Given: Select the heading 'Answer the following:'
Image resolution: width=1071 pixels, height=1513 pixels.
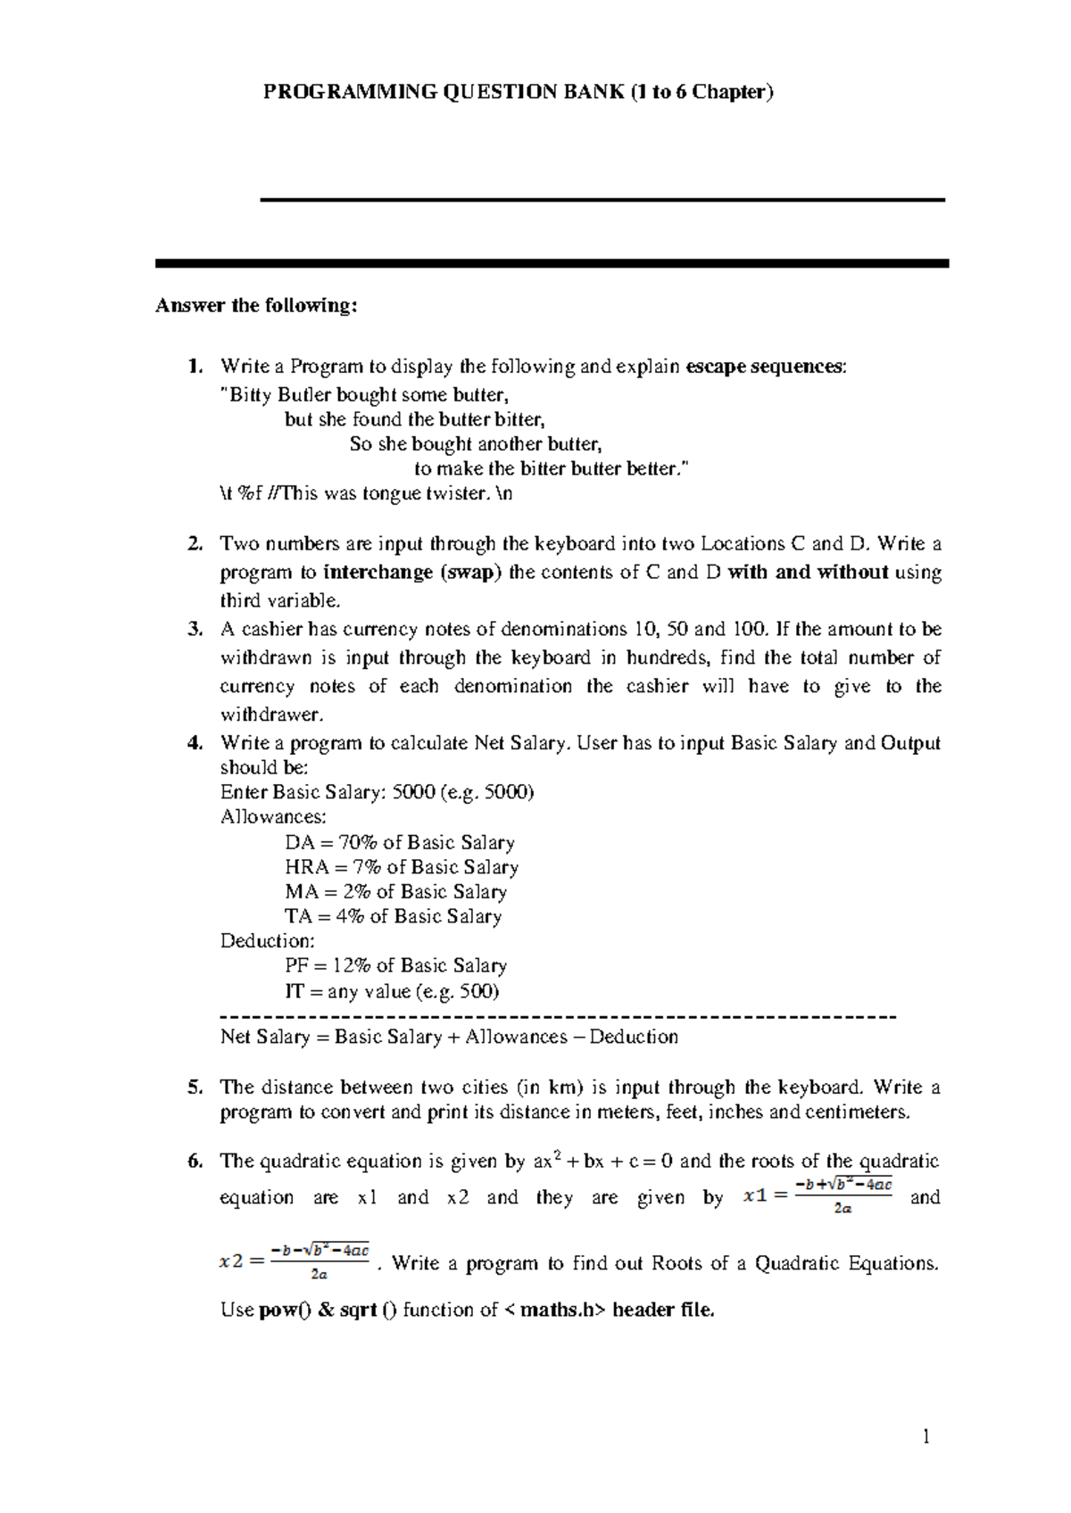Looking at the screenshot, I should click(256, 306).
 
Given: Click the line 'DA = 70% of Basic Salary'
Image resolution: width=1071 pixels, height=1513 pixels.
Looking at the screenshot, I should click(399, 843).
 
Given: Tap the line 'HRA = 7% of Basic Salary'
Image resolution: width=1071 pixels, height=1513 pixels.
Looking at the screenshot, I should click(401, 867).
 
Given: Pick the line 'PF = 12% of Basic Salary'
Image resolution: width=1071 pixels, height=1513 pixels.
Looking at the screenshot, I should click(395, 966).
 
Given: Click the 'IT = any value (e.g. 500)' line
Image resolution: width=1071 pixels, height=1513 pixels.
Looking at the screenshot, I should click(392, 991).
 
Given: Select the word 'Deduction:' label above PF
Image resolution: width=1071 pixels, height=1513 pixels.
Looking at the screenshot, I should click(267, 941).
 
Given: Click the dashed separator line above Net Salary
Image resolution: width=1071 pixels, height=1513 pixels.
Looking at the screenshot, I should click(557, 1016).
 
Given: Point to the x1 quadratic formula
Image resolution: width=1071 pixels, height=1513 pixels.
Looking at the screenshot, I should click(817, 1196).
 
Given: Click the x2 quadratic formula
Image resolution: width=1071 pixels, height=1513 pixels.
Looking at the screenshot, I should click(294, 1262).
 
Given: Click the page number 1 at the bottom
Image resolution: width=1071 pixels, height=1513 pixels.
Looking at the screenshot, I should click(926, 1437).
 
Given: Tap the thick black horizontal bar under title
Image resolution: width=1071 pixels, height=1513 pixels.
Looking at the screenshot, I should click(552, 264).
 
